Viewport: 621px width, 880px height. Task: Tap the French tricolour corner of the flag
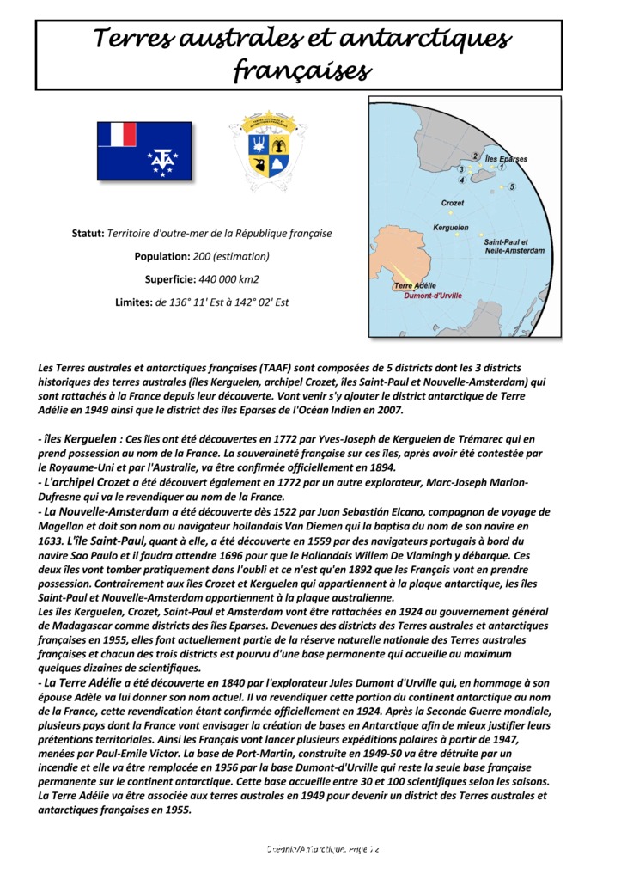[x=117, y=134]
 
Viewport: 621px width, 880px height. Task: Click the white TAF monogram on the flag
[x=161, y=160]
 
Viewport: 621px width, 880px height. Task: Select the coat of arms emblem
[x=269, y=148]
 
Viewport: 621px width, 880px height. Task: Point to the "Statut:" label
[x=88, y=233]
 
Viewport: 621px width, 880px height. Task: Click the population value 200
[x=203, y=256]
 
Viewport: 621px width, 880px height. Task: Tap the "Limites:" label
[x=134, y=302]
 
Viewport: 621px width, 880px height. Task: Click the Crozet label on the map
[x=453, y=203]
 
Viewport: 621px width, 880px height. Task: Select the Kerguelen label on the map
[x=451, y=228]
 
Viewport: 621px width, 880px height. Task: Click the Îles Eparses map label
[x=506, y=159]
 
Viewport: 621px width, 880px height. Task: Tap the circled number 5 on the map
[x=512, y=186]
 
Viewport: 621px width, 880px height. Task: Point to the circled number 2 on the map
[x=474, y=156]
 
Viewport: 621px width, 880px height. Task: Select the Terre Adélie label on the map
[x=415, y=285]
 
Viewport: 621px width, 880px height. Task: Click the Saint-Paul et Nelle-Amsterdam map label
[x=514, y=247]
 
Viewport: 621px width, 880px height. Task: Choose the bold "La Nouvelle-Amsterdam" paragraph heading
[x=104, y=511]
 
